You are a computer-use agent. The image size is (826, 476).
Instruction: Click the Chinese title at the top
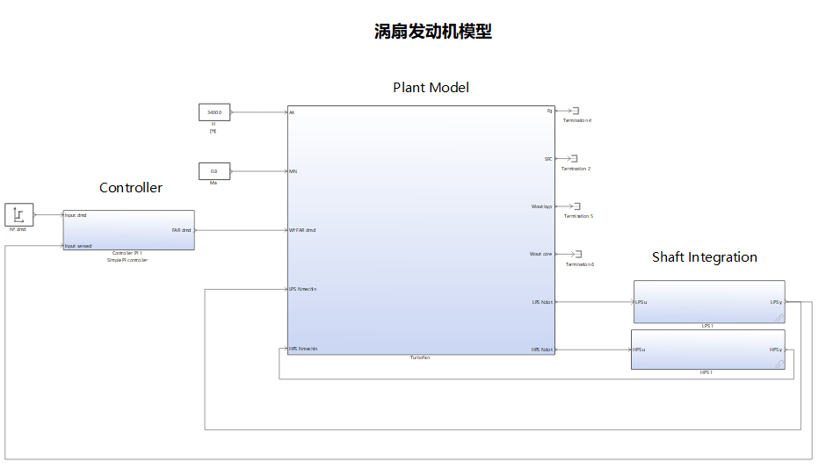(x=432, y=32)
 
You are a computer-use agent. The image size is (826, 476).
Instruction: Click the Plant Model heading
(x=431, y=87)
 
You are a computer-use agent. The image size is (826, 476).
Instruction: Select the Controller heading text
(x=130, y=187)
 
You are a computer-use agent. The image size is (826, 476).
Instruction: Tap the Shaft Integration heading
(x=704, y=256)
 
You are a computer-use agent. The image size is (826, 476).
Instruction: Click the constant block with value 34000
(x=214, y=112)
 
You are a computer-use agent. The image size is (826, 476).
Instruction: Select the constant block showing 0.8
(x=214, y=171)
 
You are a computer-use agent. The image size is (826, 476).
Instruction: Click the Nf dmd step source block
(x=19, y=214)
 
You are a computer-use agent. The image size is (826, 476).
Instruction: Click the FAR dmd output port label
(x=181, y=230)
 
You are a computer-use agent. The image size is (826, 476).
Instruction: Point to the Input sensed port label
(x=78, y=246)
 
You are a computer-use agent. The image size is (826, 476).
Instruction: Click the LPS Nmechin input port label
(x=303, y=288)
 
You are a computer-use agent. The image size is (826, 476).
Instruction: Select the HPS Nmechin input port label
(x=303, y=349)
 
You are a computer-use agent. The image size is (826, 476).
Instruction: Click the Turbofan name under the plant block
(x=420, y=358)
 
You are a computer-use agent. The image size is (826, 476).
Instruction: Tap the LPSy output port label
(x=776, y=302)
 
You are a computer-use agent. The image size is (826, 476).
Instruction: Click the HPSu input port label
(x=639, y=350)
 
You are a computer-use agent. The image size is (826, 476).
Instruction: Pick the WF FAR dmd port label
(x=302, y=230)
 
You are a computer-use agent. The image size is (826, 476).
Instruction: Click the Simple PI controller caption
(x=127, y=260)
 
